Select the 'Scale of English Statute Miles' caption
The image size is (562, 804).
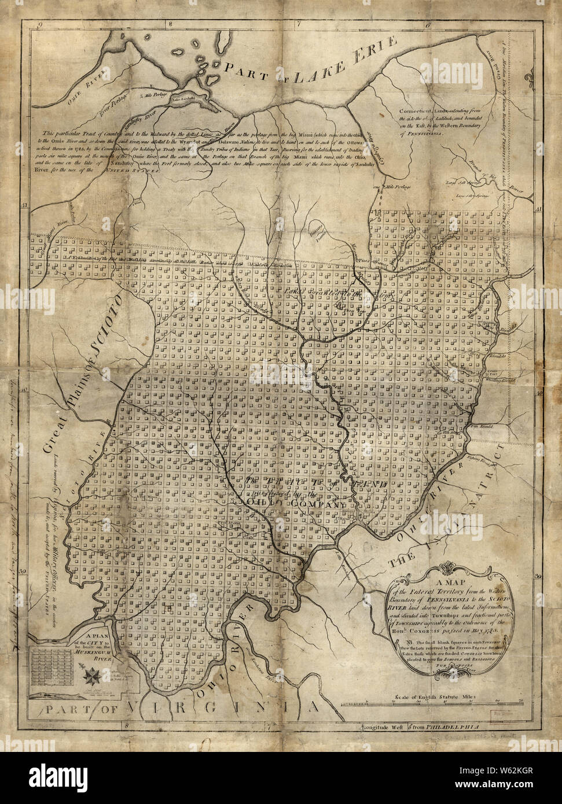tap(434, 698)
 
